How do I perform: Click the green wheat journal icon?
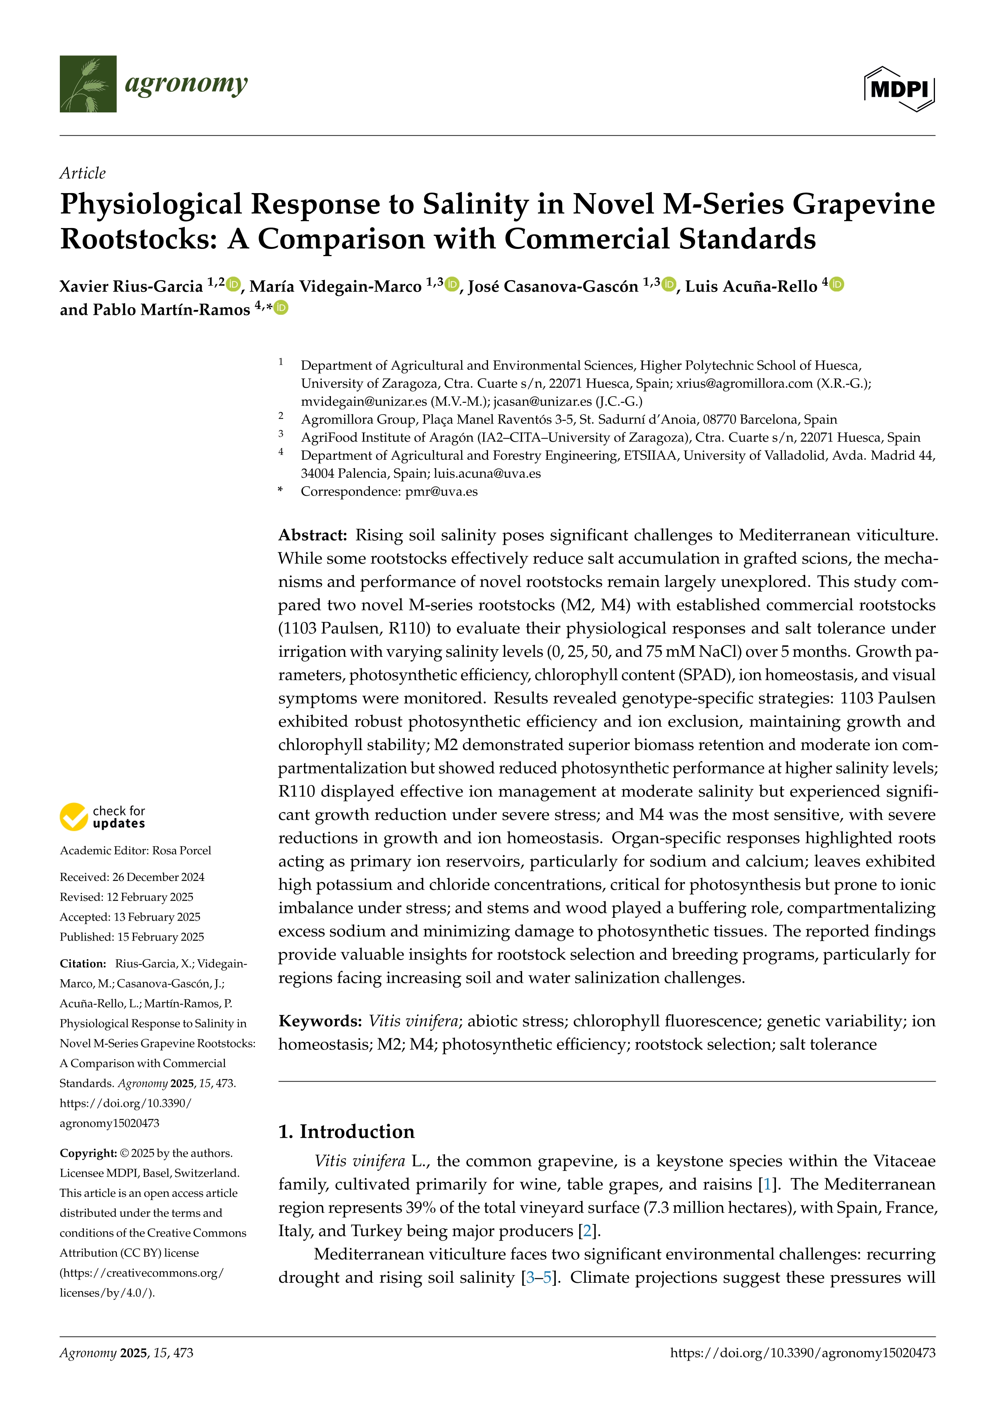coord(88,84)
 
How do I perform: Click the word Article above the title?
coord(82,173)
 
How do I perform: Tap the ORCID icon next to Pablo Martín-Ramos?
coord(281,308)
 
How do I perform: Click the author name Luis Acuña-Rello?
coord(751,286)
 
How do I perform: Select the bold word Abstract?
coord(313,535)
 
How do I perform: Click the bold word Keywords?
coord(320,1021)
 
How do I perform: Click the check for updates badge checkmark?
coord(73,817)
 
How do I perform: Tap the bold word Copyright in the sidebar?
coord(88,1153)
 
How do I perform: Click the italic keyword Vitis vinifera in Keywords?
coord(413,1021)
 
